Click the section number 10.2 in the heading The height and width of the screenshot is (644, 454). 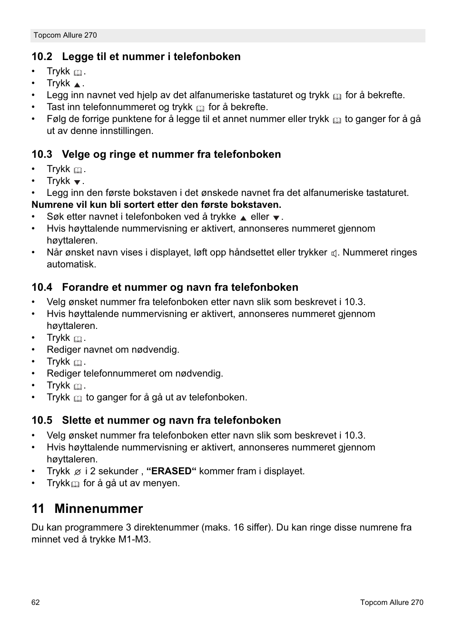[42, 57]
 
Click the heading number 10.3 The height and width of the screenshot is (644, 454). [42, 154]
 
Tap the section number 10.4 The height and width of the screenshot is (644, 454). [42, 287]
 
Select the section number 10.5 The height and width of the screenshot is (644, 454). [42, 420]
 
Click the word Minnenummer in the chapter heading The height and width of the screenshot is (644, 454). [99, 509]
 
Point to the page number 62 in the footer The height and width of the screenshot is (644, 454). [36, 603]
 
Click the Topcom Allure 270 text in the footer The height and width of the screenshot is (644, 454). [391, 603]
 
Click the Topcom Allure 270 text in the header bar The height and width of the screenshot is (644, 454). [65, 35]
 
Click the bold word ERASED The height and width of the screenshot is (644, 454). [171, 471]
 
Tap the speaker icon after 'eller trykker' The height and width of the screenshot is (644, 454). [334, 254]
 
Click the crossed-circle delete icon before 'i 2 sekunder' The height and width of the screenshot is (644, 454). [78, 472]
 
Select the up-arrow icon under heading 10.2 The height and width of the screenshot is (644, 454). [77, 84]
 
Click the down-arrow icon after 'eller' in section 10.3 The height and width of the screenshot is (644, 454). [276, 218]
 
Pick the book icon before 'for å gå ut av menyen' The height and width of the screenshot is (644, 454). [75, 484]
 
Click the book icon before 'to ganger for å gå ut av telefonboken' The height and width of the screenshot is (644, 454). [78, 399]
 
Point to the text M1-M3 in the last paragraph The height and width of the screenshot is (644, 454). [134, 540]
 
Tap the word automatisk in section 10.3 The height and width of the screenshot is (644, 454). [71, 265]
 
